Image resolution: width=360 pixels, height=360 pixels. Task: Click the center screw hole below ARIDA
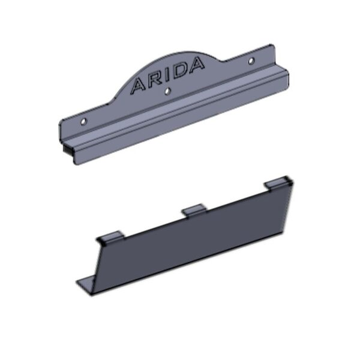168,91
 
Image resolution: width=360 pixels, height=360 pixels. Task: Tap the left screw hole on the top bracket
83,121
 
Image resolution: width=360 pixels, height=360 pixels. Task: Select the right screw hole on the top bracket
251,61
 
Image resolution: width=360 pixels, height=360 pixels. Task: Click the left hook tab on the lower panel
110,238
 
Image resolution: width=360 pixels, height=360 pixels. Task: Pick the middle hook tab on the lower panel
194,210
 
